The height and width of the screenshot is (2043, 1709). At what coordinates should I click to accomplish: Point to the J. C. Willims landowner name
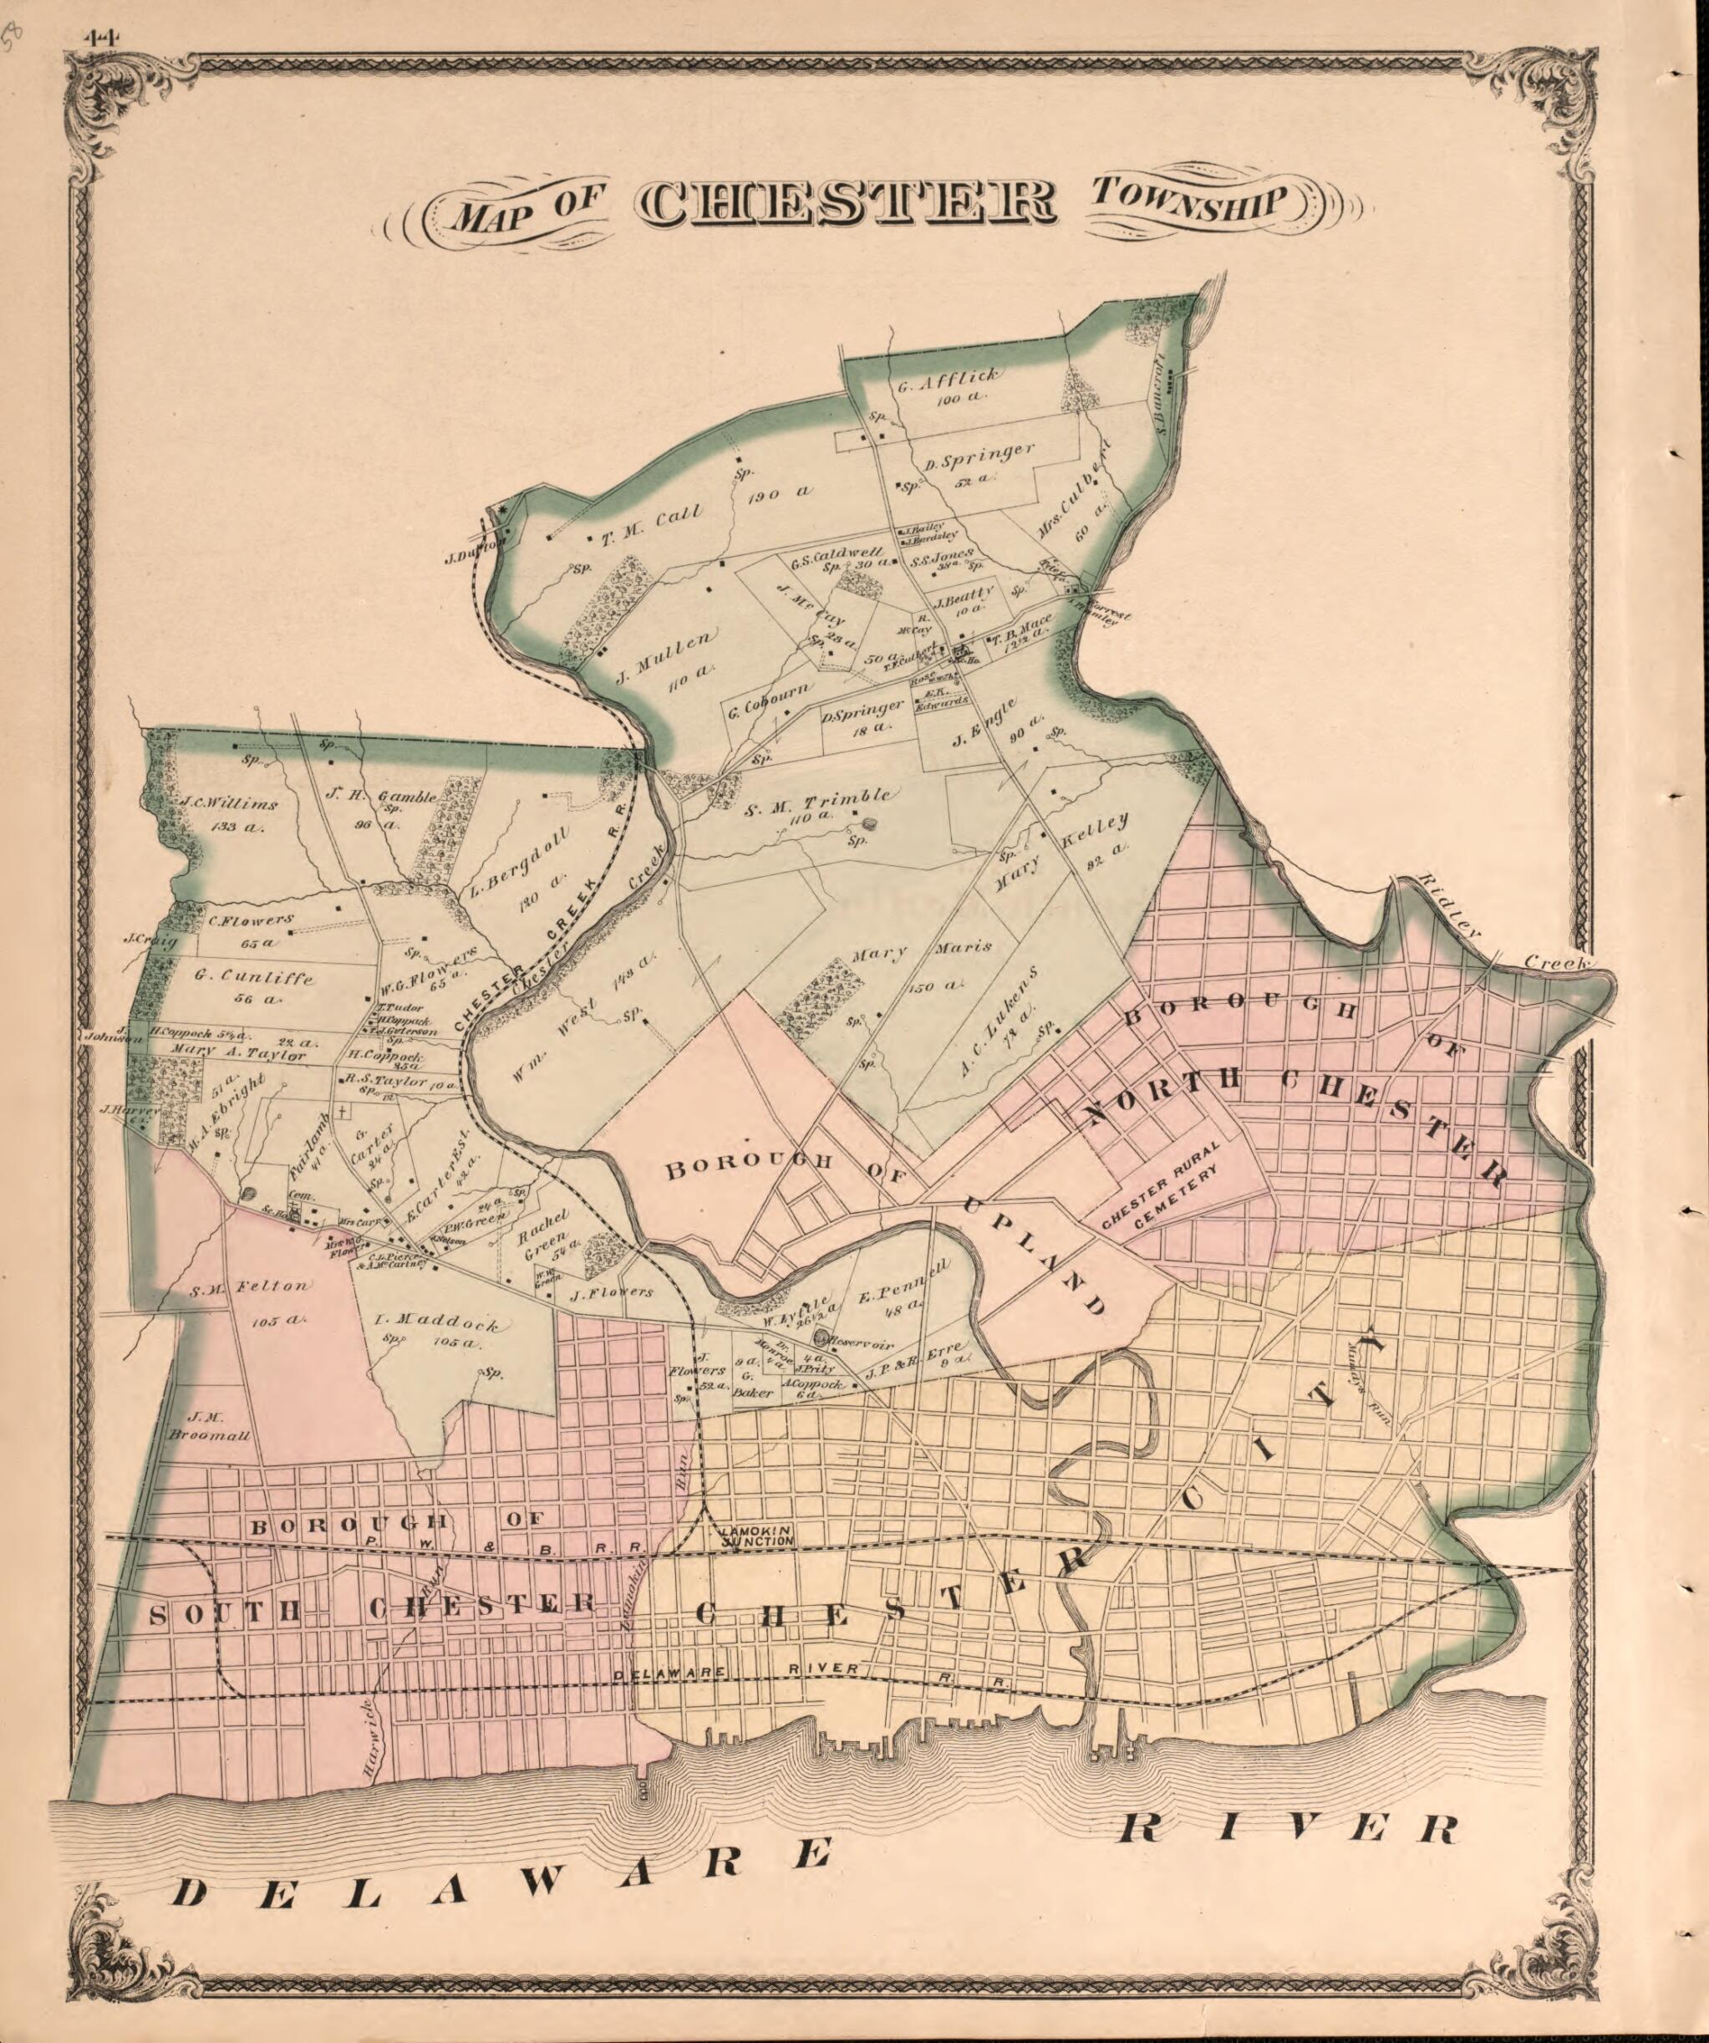coord(230,804)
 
